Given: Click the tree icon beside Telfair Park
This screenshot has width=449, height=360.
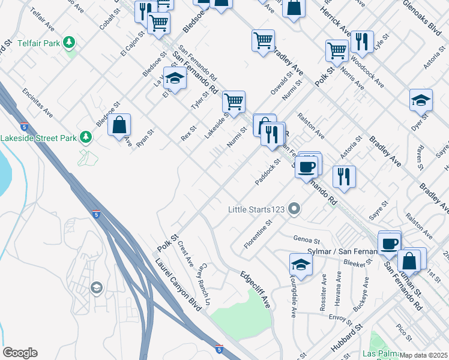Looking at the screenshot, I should click(70, 42).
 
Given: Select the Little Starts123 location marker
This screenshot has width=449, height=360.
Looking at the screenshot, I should click(294, 209).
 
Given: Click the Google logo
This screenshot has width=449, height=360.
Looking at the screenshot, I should click(20, 353).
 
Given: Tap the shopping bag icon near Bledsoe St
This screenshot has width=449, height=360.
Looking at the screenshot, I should click(119, 125).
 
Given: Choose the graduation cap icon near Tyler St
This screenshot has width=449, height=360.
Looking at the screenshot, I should click(175, 79).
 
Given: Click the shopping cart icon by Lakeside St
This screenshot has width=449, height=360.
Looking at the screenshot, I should click(234, 101).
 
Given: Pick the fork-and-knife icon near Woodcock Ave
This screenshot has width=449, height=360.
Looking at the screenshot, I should click(361, 41).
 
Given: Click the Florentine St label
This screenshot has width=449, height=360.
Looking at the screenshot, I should click(259, 234).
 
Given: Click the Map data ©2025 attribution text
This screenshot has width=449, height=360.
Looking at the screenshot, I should click(424, 355).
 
